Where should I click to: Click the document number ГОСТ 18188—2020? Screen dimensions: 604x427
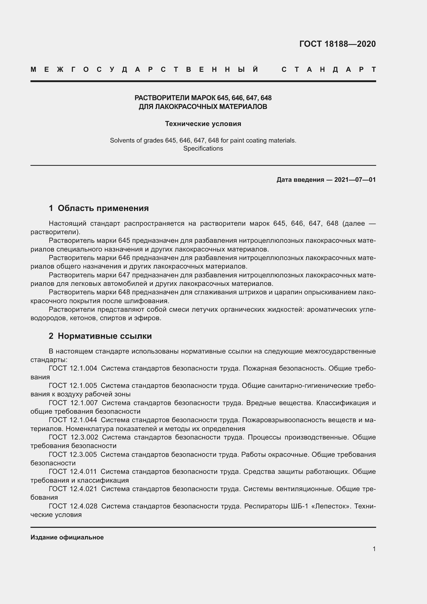(x=337, y=44)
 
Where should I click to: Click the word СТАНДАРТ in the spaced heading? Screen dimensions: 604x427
(x=329, y=70)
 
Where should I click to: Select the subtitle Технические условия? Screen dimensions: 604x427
(x=203, y=124)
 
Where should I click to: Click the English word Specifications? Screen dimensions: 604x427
(x=203, y=148)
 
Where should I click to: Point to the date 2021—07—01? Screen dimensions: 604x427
(x=355, y=180)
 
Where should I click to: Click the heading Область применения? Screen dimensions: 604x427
(x=103, y=208)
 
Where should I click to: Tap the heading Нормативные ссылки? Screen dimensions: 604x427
(x=105, y=336)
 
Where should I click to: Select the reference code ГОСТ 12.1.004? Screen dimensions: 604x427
(x=73, y=368)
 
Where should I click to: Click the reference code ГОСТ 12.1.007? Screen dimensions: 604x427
(x=73, y=403)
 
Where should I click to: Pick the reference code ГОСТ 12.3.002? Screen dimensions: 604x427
(x=73, y=437)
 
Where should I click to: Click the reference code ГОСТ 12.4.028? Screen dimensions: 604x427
(x=73, y=506)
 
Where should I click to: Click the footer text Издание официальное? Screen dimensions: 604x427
(x=67, y=537)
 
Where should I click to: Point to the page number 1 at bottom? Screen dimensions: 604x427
(x=374, y=549)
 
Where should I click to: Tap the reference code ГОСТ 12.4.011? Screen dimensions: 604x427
(x=73, y=472)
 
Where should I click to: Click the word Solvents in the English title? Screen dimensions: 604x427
(x=122, y=140)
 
